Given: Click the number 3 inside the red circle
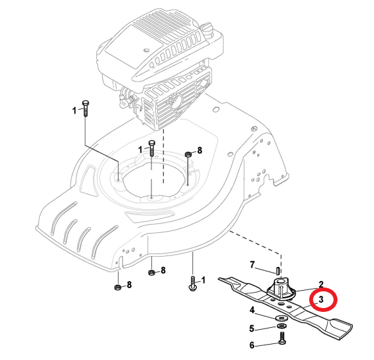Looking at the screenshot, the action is (x=321, y=299).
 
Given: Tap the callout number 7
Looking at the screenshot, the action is (x=252, y=265).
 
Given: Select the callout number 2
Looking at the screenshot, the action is (x=321, y=284).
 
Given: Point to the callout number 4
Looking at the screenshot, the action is (x=252, y=310).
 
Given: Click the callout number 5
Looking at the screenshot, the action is (x=252, y=329).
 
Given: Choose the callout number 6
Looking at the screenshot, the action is (x=252, y=345).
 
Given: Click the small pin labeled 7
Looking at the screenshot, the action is (x=278, y=271).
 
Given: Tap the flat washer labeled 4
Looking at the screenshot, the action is (x=282, y=318).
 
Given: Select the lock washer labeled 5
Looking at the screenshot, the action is (x=282, y=326).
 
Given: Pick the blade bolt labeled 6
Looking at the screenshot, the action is (x=282, y=339).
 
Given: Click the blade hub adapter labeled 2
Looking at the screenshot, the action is (x=281, y=289).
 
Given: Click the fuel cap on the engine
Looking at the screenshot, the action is (x=208, y=29).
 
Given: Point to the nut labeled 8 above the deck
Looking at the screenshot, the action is (x=188, y=155).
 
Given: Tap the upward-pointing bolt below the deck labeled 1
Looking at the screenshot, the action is (x=192, y=284).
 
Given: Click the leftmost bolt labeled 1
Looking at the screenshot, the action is (x=85, y=108).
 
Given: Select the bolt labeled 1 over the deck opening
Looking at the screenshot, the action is (x=152, y=148).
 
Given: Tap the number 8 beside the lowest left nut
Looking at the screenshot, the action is (x=129, y=284).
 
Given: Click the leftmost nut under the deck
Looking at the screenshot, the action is (x=117, y=287).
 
